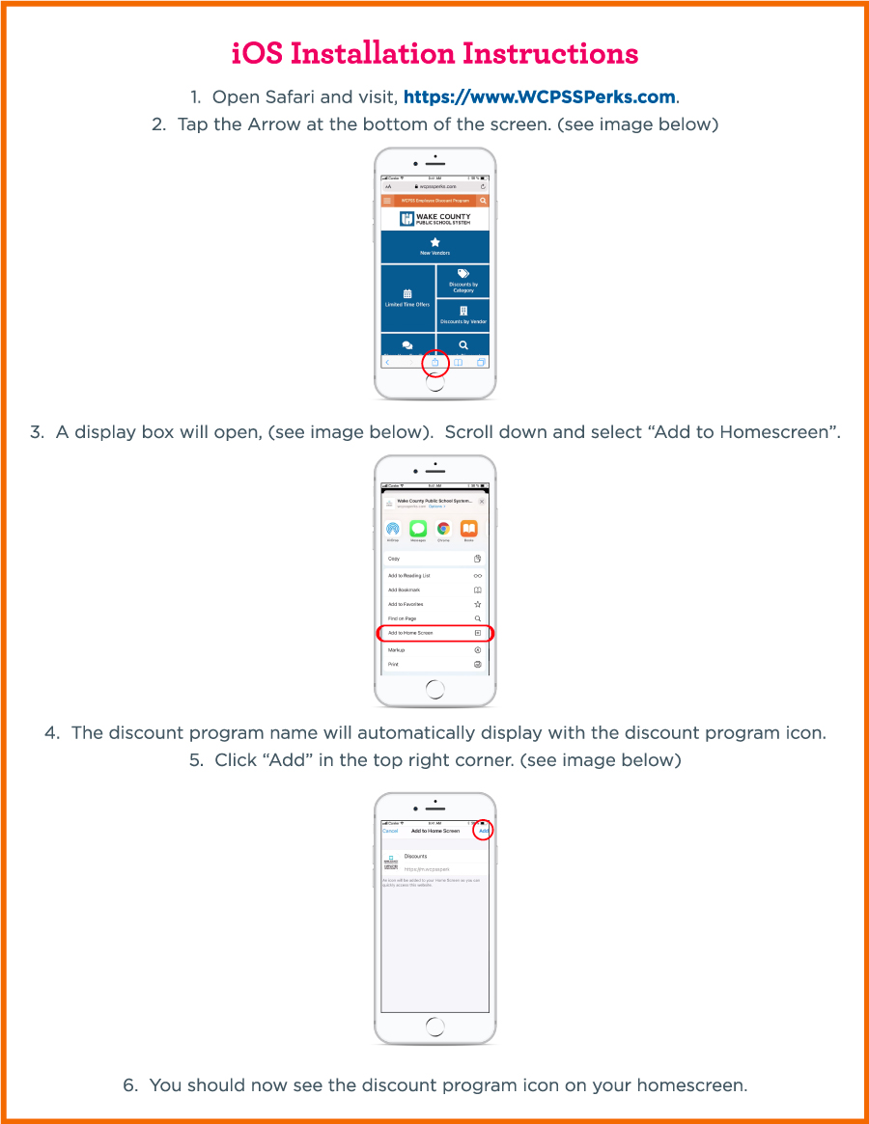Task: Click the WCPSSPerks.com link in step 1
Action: pyautogui.click(x=540, y=97)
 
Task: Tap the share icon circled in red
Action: pyautogui.click(x=435, y=363)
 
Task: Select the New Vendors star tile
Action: pyautogui.click(x=434, y=246)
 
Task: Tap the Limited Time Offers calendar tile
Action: pyautogui.click(x=407, y=297)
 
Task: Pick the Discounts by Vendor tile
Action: pyautogui.click(x=463, y=315)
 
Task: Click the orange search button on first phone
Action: pyautogui.click(x=483, y=201)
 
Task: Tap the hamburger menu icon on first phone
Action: pyautogui.click(x=387, y=201)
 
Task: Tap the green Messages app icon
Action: pyautogui.click(x=418, y=529)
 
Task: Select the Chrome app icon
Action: pyautogui.click(x=443, y=529)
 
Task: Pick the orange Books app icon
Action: pyautogui.click(x=468, y=529)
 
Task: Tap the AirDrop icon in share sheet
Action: pyautogui.click(x=393, y=529)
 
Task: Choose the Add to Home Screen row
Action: pyautogui.click(x=434, y=633)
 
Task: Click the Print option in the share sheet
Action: pyautogui.click(x=434, y=665)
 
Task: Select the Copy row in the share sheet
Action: pyautogui.click(x=434, y=559)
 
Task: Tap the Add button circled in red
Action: pyautogui.click(x=484, y=831)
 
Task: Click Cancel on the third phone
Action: pyautogui.click(x=390, y=831)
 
